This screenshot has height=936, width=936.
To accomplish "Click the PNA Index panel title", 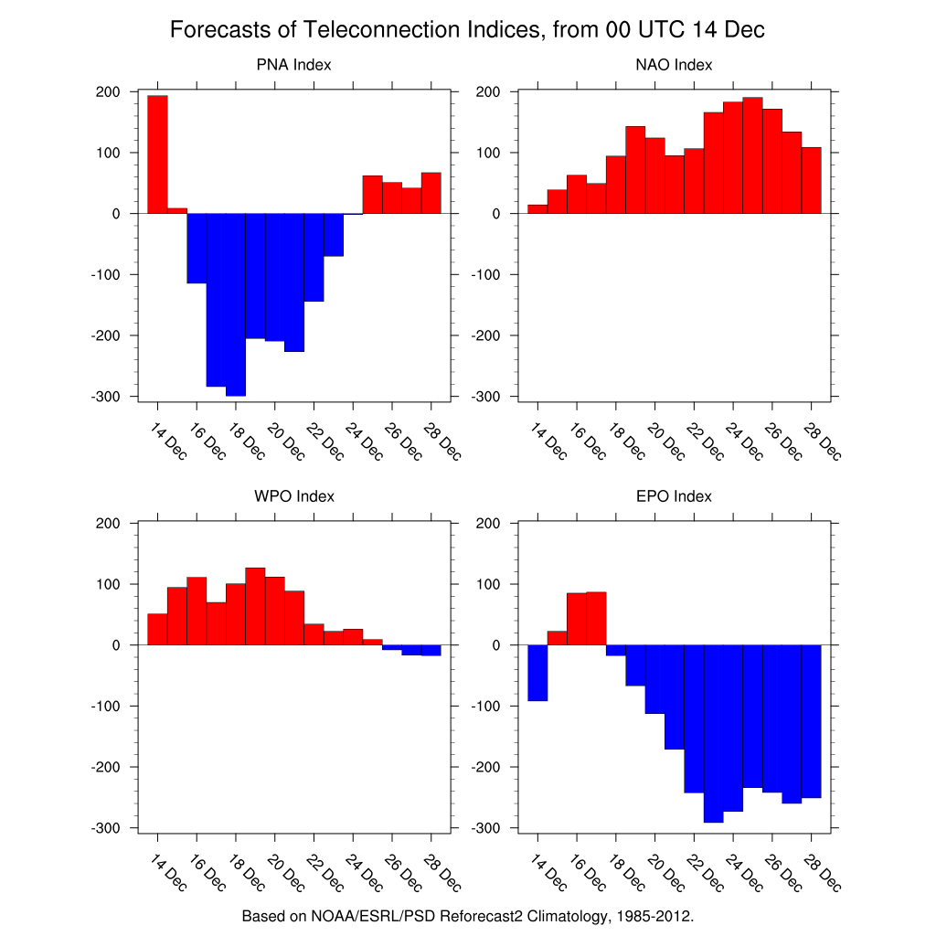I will click(293, 65).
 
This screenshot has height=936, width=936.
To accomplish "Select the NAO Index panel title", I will click(674, 65).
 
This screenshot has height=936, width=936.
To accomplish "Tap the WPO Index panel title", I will click(293, 496).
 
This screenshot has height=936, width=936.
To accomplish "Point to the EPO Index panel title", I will click(674, 496).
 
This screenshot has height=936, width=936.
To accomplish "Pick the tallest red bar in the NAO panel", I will click(752, 155).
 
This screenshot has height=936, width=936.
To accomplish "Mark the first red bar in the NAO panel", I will click(537, 208).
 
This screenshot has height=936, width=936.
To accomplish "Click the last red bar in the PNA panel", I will click(431, 193).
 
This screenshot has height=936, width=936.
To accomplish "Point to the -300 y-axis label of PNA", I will click(110, 397).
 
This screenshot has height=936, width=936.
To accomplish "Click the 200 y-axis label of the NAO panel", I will click(486, 92).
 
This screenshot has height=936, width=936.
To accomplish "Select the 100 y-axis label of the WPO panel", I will click(110, 584).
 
